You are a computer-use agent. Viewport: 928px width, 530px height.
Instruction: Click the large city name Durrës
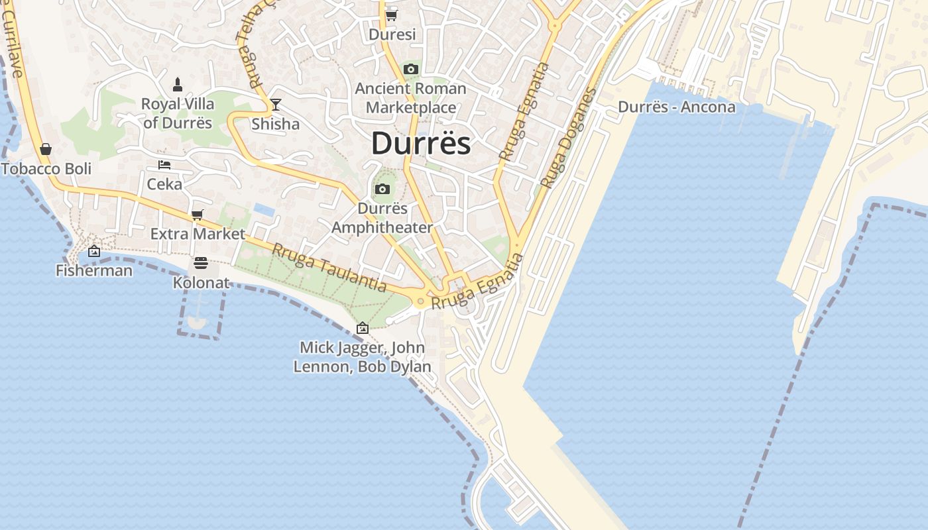(x=421, y=143)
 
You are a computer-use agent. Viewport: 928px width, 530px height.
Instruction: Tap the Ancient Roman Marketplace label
(x=411, y=97)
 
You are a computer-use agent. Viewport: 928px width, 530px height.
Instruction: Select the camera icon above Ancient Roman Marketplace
(x=411, y=69)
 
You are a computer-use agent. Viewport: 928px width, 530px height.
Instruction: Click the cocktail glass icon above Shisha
(x=275, y=104)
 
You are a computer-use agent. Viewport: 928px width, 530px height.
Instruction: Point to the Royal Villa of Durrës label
(x=178, y=113)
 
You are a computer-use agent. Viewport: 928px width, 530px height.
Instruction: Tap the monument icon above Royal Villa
(x=178, y=84)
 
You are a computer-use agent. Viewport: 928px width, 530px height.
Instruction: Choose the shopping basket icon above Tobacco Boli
(x=46, y=149)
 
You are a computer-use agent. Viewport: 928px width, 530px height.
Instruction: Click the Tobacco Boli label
(x=46, y=168)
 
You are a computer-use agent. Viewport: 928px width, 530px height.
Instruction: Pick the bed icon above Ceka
(x=164, y=164)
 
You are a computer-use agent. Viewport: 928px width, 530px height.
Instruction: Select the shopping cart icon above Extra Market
(x=197, y=215)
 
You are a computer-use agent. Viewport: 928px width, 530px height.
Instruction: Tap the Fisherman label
(x=94, y=270)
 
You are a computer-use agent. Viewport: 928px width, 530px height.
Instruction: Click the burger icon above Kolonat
(x=201, y=264)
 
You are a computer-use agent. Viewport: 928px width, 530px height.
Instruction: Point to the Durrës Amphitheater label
(x=382, y=218)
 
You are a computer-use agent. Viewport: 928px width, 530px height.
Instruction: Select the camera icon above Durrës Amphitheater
(x=382, y=189)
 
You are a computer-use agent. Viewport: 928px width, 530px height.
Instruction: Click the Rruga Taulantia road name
(x=329, y=268)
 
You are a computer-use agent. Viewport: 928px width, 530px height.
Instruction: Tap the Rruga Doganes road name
(x=568, y=138)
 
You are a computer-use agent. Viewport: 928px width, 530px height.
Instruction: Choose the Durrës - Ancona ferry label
(x=676, y=107)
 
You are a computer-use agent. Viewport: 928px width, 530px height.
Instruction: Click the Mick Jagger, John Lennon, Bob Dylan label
(x=362, y=357)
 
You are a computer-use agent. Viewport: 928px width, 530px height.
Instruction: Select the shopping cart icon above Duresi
(x=391, y=15)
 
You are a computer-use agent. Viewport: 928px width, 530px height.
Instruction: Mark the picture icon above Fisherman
(x=94, y=251)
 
